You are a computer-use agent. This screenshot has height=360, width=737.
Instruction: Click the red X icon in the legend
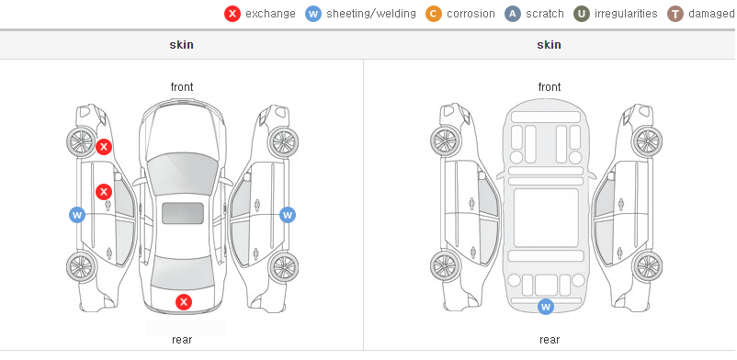pos(232,14)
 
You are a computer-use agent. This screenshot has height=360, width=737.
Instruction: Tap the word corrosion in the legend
pos(471,14)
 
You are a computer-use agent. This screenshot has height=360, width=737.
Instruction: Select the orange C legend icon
pos(434,14)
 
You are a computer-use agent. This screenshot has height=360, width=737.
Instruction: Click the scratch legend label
pos(545,14)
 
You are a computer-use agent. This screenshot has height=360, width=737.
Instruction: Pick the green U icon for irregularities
pos(582,14)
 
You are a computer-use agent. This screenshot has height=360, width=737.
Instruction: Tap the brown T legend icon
pos(675,14)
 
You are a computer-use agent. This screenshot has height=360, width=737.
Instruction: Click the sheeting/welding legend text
pos(371,14)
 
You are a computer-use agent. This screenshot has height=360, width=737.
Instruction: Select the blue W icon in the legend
pos(313,14)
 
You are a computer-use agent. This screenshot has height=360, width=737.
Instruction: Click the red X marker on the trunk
pos(184,302)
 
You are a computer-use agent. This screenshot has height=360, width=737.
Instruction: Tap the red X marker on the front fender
pos(104,147)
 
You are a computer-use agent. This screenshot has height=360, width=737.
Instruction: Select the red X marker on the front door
pos(104,192)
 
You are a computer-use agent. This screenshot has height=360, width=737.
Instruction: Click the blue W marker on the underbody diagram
pos(546,307)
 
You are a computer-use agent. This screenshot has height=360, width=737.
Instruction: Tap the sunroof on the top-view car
pos(183,213)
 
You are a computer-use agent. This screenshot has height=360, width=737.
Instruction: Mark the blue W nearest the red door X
pos(77,215)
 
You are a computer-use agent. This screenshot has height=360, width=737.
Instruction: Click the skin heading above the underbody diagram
pos(549,45)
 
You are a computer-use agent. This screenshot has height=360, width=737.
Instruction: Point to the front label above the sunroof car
pos(182,87)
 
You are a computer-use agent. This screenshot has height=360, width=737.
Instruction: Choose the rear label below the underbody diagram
pos(550,339)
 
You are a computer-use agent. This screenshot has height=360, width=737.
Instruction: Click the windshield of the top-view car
pos(182,169)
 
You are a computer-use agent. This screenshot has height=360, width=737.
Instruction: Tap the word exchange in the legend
pos(270,14)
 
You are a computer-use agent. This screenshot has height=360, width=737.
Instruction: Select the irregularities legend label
pos(626,14)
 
